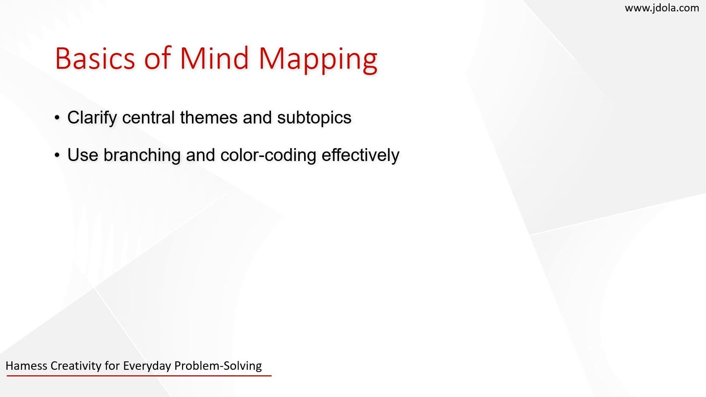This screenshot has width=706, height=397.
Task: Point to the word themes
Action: tap(208, 118)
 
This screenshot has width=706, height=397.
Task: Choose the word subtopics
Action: tap(314, 118)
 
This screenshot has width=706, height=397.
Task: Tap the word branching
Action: tap(142, 155)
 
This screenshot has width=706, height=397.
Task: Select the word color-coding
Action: tap(268, 155)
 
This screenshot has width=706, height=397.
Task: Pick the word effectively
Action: tap(360, 155)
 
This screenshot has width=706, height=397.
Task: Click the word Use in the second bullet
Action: tap(82, 155)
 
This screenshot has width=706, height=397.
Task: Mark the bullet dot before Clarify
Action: tap(57, 118)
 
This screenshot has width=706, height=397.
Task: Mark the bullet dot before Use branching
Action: tap(57, 155)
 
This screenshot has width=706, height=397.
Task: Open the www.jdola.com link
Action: tap(662, 8)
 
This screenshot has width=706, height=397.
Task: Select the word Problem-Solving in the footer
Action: tap(218, 366)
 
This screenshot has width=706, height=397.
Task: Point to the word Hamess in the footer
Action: tap(26, 366)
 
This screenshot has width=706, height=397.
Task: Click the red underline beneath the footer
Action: tap(139, 376)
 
